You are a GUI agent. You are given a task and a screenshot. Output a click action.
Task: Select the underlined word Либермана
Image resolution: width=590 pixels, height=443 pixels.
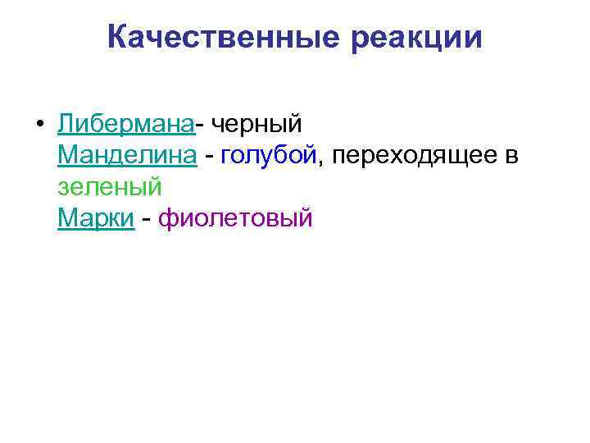point(126,124)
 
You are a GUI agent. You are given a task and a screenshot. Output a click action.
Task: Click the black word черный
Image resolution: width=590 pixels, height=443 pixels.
point(257,124)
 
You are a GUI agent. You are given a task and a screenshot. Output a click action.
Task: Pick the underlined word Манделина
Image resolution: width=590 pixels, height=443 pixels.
point(127,155)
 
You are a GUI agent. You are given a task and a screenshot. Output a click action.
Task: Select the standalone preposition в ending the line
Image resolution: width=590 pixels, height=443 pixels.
point(511,156)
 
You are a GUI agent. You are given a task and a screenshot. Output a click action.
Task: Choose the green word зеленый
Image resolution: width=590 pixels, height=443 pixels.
point(111,187)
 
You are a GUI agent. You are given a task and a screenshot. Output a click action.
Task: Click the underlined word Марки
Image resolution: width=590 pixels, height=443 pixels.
point(96,219)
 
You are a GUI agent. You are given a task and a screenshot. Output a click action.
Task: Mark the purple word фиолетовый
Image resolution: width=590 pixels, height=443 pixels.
point(235,219)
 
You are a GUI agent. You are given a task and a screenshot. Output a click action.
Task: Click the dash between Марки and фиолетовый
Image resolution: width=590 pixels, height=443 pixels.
point(146,220)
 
